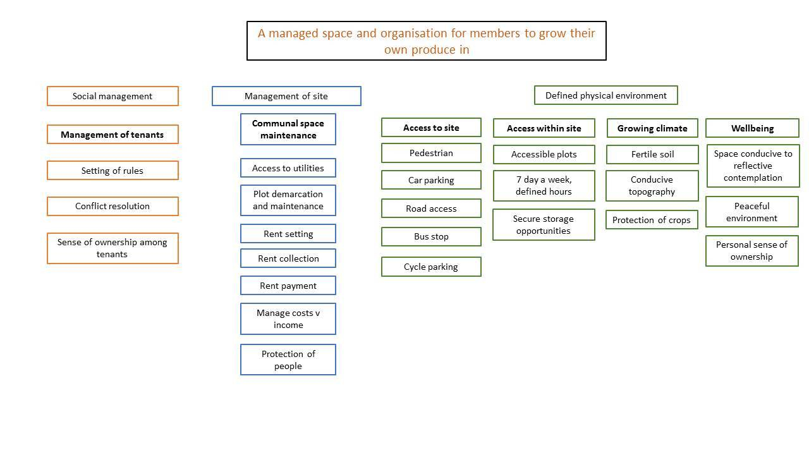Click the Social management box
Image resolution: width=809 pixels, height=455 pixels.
(113, 96)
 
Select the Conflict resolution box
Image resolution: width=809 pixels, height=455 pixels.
(113, 206)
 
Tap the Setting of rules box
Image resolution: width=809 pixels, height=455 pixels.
(113, 171)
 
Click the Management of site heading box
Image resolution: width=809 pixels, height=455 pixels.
(286, 96)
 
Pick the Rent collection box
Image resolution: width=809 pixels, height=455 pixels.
(288, 258)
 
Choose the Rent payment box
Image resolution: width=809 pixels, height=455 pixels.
(288, 286)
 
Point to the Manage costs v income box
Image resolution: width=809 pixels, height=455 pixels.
(288, 319)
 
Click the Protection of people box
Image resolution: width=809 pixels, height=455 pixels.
(288, 360)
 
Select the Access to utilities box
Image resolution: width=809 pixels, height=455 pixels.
(288, 168)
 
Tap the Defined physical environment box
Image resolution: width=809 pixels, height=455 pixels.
(606, 95)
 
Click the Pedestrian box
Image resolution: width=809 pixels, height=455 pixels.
(431, 153)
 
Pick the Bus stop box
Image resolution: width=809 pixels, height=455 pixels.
(431, 236)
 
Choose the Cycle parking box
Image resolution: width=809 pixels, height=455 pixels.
(431, 267)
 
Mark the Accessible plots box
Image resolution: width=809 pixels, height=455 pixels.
(544, 155)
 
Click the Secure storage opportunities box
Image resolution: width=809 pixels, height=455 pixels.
(544, 224)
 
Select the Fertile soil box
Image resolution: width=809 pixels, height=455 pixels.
(652, 155)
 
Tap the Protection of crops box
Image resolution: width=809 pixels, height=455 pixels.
(652, 220)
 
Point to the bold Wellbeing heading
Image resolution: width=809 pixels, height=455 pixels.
(752, 128)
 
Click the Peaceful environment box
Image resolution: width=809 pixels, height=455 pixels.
(752, 212)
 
